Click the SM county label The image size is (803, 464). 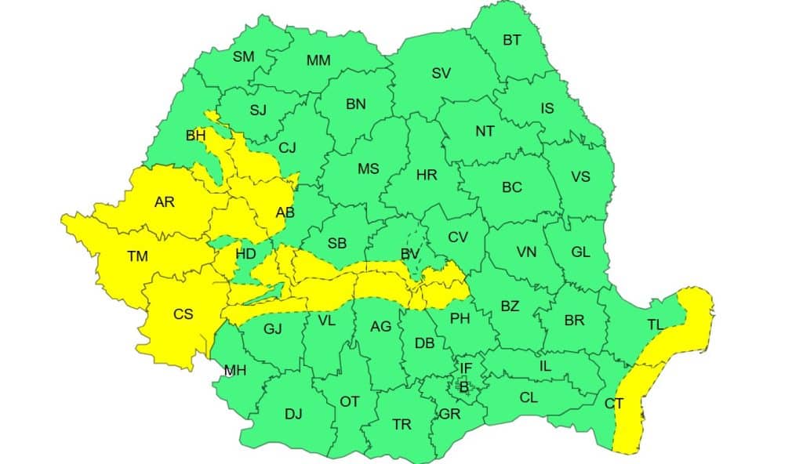[244, 56]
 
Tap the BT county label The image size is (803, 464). [511, 40]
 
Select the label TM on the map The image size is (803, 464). [137, 256]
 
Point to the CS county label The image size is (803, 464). [183, 314]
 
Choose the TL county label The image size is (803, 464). [656, 324]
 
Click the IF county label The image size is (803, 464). [466, 367]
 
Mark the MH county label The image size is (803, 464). [234, 371]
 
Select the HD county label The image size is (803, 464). [245, 254]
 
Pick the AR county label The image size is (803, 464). [165, 202]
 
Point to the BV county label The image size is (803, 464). [409, 254]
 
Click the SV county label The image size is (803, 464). [441, 74]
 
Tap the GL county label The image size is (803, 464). [581, 252]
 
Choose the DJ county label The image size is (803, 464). [293, 414]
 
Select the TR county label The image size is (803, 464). [401, 424]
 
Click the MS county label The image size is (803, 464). [369, 169]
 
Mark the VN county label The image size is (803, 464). [526, 252]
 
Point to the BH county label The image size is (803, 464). [196, 136]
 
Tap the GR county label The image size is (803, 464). [450, 414]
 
